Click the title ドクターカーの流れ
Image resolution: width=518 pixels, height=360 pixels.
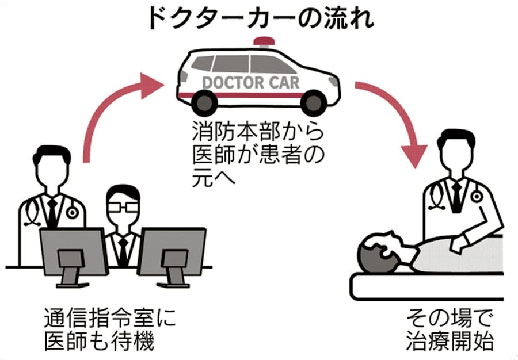point(260,18)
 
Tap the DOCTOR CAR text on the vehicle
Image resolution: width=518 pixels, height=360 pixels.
point(251,82)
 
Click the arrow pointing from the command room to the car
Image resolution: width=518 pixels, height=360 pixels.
point(109,115)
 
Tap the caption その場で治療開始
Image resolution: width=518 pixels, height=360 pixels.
point(449,330)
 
